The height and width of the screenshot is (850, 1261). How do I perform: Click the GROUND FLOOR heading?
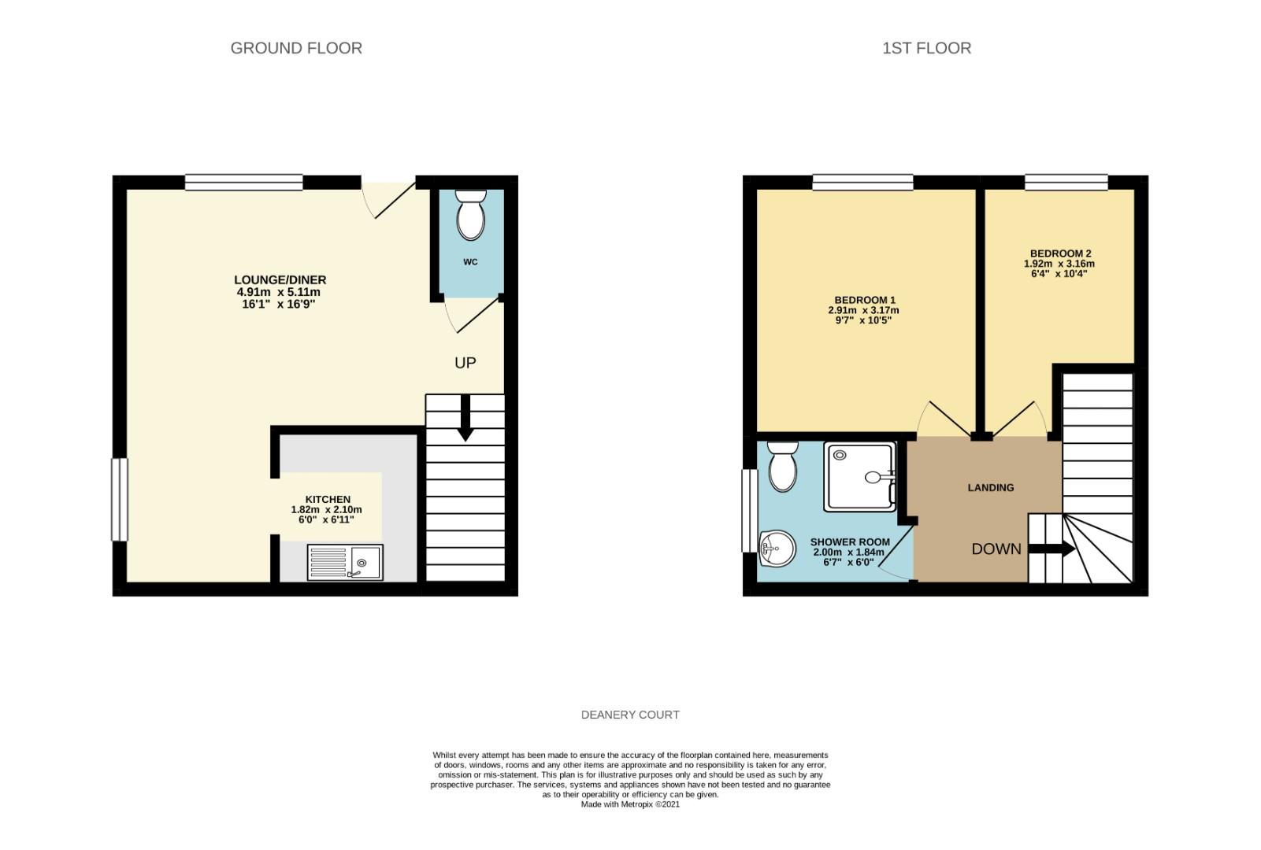(x=296, y=48)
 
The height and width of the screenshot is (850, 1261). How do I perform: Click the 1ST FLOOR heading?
(x=926, y=48)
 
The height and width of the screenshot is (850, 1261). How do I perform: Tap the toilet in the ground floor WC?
(x=471, y=214)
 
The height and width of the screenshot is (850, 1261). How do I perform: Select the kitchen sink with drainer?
(x=346, y=563)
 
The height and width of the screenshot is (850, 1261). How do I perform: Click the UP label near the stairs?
(x=465, y=363)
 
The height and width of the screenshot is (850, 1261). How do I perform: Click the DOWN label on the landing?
(x=996, y=549)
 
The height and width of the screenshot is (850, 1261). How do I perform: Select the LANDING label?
(x=990, y=488)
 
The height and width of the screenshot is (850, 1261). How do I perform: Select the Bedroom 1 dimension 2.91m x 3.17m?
(x=863, y=310)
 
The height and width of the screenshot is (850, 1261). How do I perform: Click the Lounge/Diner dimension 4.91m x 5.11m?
(x=279, y=292)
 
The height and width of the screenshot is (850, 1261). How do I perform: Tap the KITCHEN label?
(x=328, y=500)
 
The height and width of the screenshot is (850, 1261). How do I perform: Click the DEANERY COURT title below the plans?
(x=630, y=715)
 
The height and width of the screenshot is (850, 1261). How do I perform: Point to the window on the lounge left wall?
(x=119, y=500)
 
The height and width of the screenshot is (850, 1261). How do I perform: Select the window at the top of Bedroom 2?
(x=1066, y=183)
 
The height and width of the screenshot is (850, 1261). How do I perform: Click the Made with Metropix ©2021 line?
(x=630, y=804)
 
